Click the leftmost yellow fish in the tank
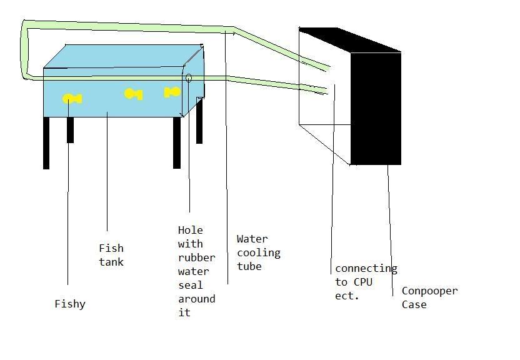72,99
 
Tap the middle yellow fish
133,94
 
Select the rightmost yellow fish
172,92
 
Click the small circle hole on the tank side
189,78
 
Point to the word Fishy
70,304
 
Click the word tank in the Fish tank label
111,262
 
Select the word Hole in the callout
190,230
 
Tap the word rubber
196,257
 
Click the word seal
190,285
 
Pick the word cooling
258,252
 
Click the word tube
249,266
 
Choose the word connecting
366,268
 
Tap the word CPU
362,282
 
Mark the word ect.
347,296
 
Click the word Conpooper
429,291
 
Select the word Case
414,304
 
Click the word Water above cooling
252,239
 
